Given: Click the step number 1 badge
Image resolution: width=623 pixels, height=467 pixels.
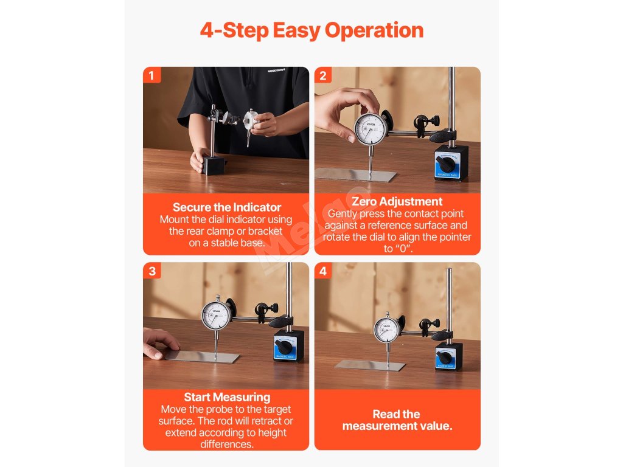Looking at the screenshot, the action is pos(151,75).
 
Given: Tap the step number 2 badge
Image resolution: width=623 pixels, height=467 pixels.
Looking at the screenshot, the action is pos(323,75).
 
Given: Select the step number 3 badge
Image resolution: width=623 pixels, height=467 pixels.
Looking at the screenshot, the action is pos(151,271).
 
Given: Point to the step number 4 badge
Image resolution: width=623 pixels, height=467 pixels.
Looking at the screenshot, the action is pos(323,271).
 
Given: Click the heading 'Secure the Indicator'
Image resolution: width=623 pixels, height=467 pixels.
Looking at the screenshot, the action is pos(226,207).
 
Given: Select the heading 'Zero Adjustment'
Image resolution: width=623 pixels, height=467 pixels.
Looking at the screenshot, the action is pos(397,201).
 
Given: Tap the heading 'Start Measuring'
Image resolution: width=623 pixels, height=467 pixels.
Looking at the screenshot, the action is pos(227,397).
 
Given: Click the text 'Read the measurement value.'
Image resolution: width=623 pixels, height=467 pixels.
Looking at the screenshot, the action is pos(397,420).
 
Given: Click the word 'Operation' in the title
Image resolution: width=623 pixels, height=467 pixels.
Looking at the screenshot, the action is pos(374,30).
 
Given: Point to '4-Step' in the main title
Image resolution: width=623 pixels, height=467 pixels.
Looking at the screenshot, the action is pos(234,30).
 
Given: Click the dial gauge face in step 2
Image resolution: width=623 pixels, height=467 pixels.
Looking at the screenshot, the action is pos(371,130).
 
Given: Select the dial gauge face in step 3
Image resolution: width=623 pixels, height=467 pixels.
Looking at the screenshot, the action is pos(216,316).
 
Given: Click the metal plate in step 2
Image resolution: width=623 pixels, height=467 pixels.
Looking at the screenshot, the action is pos(355,175).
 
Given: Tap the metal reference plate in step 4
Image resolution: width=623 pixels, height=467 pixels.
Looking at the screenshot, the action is pos(370,365).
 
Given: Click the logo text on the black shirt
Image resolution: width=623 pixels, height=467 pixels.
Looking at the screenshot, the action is pos(276,71).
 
